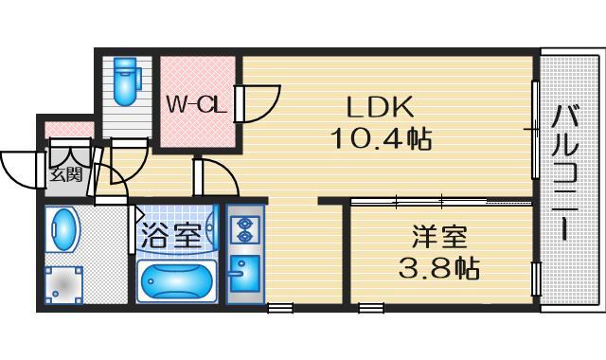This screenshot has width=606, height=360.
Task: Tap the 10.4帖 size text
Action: pos(381,139)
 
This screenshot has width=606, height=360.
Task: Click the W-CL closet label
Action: pos(197,105)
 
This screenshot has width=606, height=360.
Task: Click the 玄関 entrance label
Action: pos(66,174)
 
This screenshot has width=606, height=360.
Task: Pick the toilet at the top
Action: pos(124,81)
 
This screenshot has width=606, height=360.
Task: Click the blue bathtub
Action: pos(177,281)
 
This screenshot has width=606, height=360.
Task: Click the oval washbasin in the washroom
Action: pos(63,231)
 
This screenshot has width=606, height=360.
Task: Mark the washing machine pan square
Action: pos(64,283)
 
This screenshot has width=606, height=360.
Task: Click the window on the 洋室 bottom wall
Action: pos(370,308)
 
